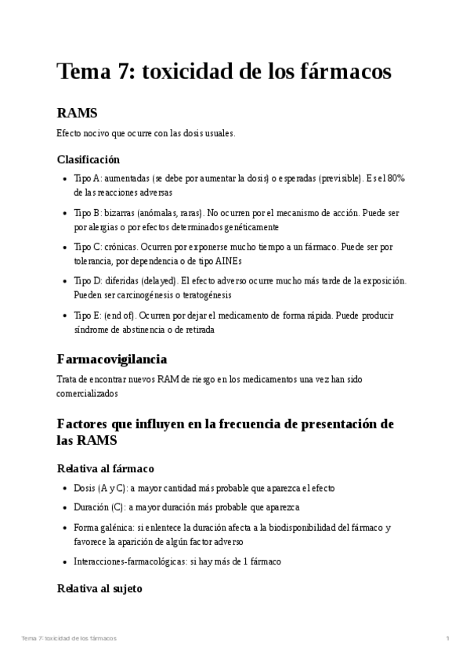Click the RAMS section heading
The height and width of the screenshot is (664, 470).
77,114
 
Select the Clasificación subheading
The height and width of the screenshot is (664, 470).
89,159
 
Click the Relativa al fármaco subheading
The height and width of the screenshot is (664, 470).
106,468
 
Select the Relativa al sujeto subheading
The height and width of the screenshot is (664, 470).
99,588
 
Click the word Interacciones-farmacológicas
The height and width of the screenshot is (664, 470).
129,561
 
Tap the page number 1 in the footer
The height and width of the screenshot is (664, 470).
447,639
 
